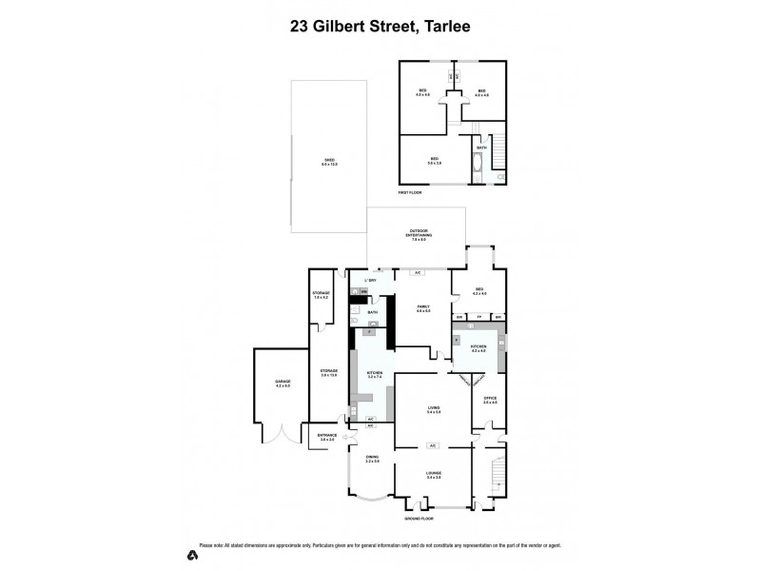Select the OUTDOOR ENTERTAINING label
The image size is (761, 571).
click(419, 234)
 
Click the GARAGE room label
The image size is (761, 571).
click(283, 383)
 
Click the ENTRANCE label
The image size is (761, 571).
click(327, 437)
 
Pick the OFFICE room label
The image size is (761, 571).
click(490, 400)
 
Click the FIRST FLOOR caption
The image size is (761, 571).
click(411, 193)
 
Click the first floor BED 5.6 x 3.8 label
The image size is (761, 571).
click(434, 161)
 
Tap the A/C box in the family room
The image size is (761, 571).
click(417, 273)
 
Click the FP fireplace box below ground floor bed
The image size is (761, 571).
click(480, 317)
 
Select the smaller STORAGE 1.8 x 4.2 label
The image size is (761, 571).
click(321, 296)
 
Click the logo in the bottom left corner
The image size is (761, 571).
click(193, 553)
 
